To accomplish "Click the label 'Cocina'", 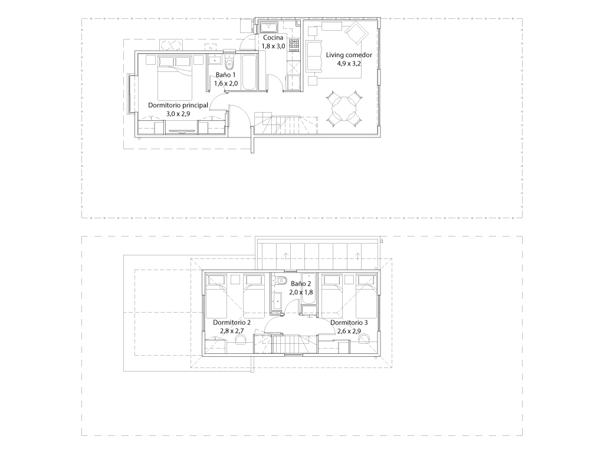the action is coord(273,38).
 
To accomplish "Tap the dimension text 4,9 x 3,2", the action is coord(349,64).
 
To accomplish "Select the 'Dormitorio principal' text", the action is coord(178,105).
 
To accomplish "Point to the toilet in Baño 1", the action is coord(229,61).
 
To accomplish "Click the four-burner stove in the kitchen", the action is coord(294,44).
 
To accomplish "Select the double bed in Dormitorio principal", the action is coord(175,78).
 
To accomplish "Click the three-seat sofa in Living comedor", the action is coord(314,56).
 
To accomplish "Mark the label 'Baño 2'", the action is coord(301,284).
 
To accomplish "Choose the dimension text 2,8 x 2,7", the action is coord(232,331).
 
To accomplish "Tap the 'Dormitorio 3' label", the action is coord(349,323).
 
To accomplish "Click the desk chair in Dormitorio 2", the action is coord(241,338).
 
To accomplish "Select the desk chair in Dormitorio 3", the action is coord(363,338).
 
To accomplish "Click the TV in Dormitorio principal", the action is coord(182,132).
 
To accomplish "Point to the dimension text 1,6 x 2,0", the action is coord(226,83).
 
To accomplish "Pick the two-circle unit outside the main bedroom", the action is coord(170,45).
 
